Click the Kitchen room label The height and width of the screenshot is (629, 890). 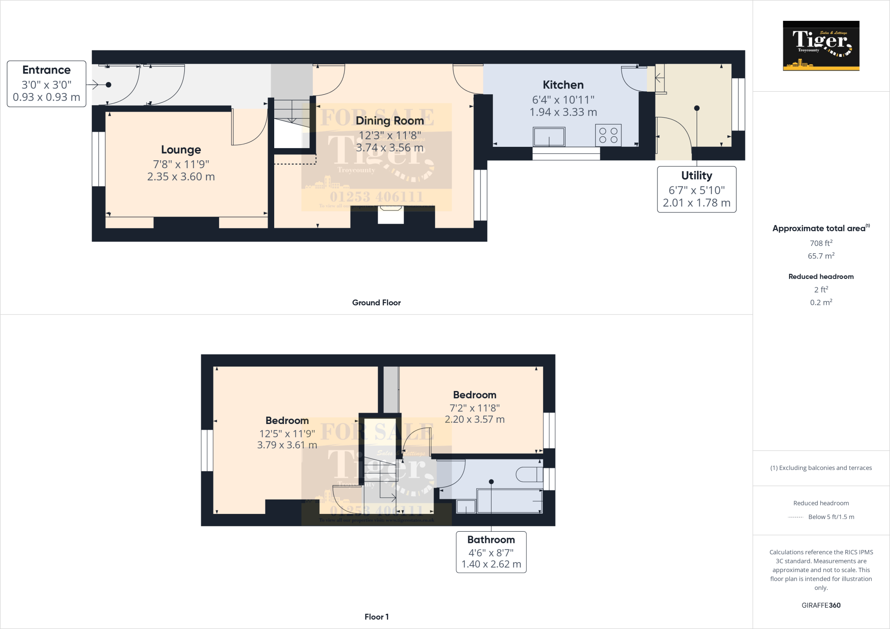[x=563, y=85]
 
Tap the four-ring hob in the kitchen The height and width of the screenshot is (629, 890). [x=608, y=135]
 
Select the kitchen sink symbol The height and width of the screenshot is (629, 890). [x=549, y=137]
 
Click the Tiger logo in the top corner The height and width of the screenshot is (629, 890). [x=820, y=46]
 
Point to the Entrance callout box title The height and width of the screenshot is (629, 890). [x=46, y=70]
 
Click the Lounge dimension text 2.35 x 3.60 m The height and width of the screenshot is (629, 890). [x=181, y=177]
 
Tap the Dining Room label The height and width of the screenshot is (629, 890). [x=389, y=121]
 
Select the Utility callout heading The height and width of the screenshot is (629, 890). [x=696, y=175]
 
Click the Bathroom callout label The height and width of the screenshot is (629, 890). [x=491, y=540]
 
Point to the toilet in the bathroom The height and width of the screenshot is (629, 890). [x=528, y=474]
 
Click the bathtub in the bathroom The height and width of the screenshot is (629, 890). [x=509, y=501]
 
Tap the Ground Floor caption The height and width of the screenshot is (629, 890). [x=376, y=303]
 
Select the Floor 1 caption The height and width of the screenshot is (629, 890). [x=376, y=617]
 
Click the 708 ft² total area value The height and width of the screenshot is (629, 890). [x=820, y=243]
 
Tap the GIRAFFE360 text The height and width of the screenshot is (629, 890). [x=820, y=605]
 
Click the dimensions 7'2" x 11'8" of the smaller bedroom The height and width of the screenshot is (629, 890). [x=474, y=408]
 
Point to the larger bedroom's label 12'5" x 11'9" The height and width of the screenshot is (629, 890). [x=287, y=434]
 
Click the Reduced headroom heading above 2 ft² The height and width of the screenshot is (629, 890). [x=820, y=277]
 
